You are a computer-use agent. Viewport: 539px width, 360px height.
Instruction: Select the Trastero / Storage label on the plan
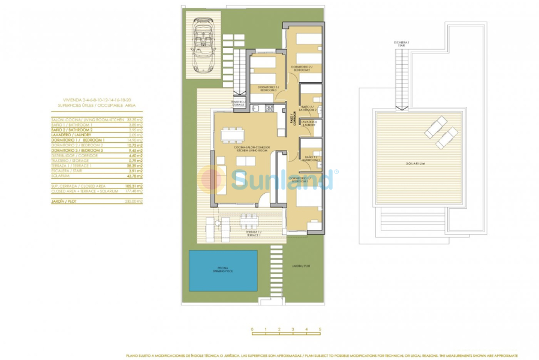(239, 103)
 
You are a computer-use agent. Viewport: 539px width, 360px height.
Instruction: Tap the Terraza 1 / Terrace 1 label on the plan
(253, 232)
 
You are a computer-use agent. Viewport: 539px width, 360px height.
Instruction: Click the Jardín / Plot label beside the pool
(302, 266)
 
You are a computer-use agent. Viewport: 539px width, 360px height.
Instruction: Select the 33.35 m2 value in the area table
(135, 120)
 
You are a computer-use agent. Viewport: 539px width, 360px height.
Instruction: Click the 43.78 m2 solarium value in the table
(135, 176)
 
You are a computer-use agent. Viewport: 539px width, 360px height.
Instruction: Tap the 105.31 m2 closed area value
(135, 187)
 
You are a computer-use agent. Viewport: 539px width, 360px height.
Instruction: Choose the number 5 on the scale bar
(320, 329)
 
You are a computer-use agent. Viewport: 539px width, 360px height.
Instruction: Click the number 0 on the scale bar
(252, 329)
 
